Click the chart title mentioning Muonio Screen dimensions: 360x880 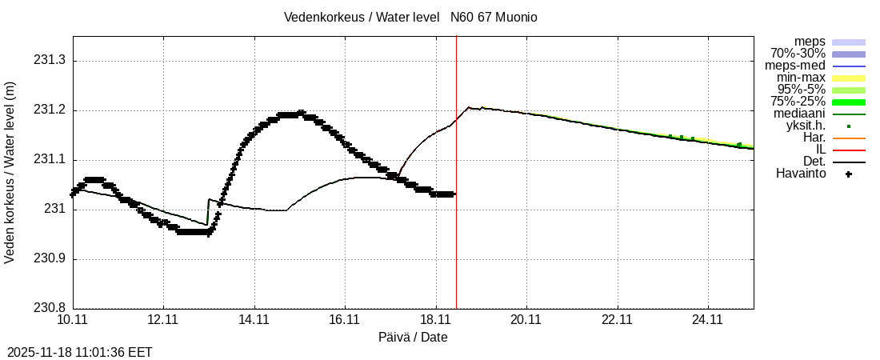pyautogui.click(x=410, y=18)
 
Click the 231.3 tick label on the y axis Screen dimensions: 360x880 pyautogui.click(x=49, y=61)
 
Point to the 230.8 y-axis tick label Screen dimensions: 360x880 pyautogui.click(x=49, y=308)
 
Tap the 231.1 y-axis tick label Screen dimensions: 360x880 pyautogui.click(x=49, y=160)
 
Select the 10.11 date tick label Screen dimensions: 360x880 pyautogui.click(x=73, y=319)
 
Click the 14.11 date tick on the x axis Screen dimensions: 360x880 pyautogui.click(x=254, y=319)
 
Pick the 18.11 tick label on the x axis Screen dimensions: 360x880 pyautogui.click(x=435, y=319)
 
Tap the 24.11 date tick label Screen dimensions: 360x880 pyautogui.click(x=707, y=319)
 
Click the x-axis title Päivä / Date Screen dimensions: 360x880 pyautogui.click(x=413, y=338)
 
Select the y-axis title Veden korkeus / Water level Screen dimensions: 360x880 pyautogui.click(x=10, y=172)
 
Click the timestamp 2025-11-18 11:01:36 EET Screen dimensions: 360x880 pyautogui.click(x=80, y=352)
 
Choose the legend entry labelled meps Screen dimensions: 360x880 pyautogui.click(x=810, y=42)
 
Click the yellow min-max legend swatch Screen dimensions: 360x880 pyautogui.click(x=849, y=78)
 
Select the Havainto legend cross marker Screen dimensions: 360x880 pyautogui.click(x=849, y=174)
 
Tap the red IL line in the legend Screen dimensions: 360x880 pyautogui.click(x=849, y=150)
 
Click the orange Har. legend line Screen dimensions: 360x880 pyautogui.click(x=849, y=138)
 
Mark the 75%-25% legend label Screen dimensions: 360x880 pyautogui.click(x=798, y=102)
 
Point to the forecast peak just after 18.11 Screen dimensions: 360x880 pyautogui.click(x=470, y=107)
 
